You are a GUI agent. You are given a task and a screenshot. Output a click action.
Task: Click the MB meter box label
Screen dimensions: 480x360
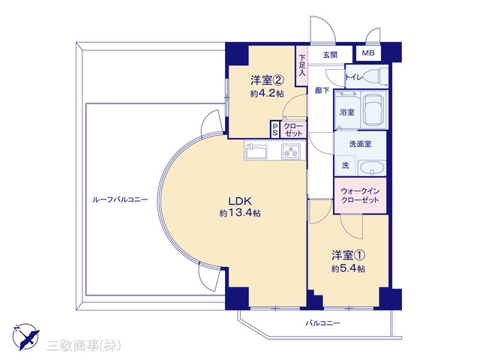(x=368, y=53)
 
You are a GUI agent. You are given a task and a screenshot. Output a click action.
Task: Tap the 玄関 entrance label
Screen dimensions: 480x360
(x=330, y=55)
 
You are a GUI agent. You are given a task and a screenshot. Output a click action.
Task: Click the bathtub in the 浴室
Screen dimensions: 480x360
(x=374, y=109)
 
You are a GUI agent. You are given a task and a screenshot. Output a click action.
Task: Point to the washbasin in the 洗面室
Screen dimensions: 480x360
(x=372, y=168)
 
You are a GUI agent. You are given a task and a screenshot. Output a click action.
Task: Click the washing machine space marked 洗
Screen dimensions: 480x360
(x=345, y=166)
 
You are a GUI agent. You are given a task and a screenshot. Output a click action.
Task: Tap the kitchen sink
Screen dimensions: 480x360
(x=256, y=150)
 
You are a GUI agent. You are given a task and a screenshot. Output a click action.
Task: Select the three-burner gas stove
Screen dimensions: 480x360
(x=291, y=151)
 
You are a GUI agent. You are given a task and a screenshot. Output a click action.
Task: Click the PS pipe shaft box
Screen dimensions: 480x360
(x=275, y=129)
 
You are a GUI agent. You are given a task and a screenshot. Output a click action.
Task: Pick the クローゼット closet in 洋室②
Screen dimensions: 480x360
(x=293, y=129)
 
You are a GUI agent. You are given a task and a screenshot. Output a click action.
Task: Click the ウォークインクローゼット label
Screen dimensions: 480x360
(x=360, y=196)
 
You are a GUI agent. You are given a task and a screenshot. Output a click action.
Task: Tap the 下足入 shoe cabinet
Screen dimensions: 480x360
(x=301, y=65)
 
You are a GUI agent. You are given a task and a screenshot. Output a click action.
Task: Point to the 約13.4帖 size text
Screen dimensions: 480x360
(x=240, y=213)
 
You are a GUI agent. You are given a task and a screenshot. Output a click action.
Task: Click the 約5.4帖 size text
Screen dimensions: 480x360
(x=348, y=268)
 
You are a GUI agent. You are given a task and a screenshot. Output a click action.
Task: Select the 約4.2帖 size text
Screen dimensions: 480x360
(x=267, y=93)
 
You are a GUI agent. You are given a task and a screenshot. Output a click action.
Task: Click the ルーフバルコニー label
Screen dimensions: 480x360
(x=120, y=200)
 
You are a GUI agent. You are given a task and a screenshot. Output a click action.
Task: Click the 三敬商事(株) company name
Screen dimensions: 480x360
(x=84, y=346)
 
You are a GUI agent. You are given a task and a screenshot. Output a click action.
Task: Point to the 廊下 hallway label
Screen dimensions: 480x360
(x=322, y=91)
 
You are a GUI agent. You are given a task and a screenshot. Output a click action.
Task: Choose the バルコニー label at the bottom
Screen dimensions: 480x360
(x=322, y=323)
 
